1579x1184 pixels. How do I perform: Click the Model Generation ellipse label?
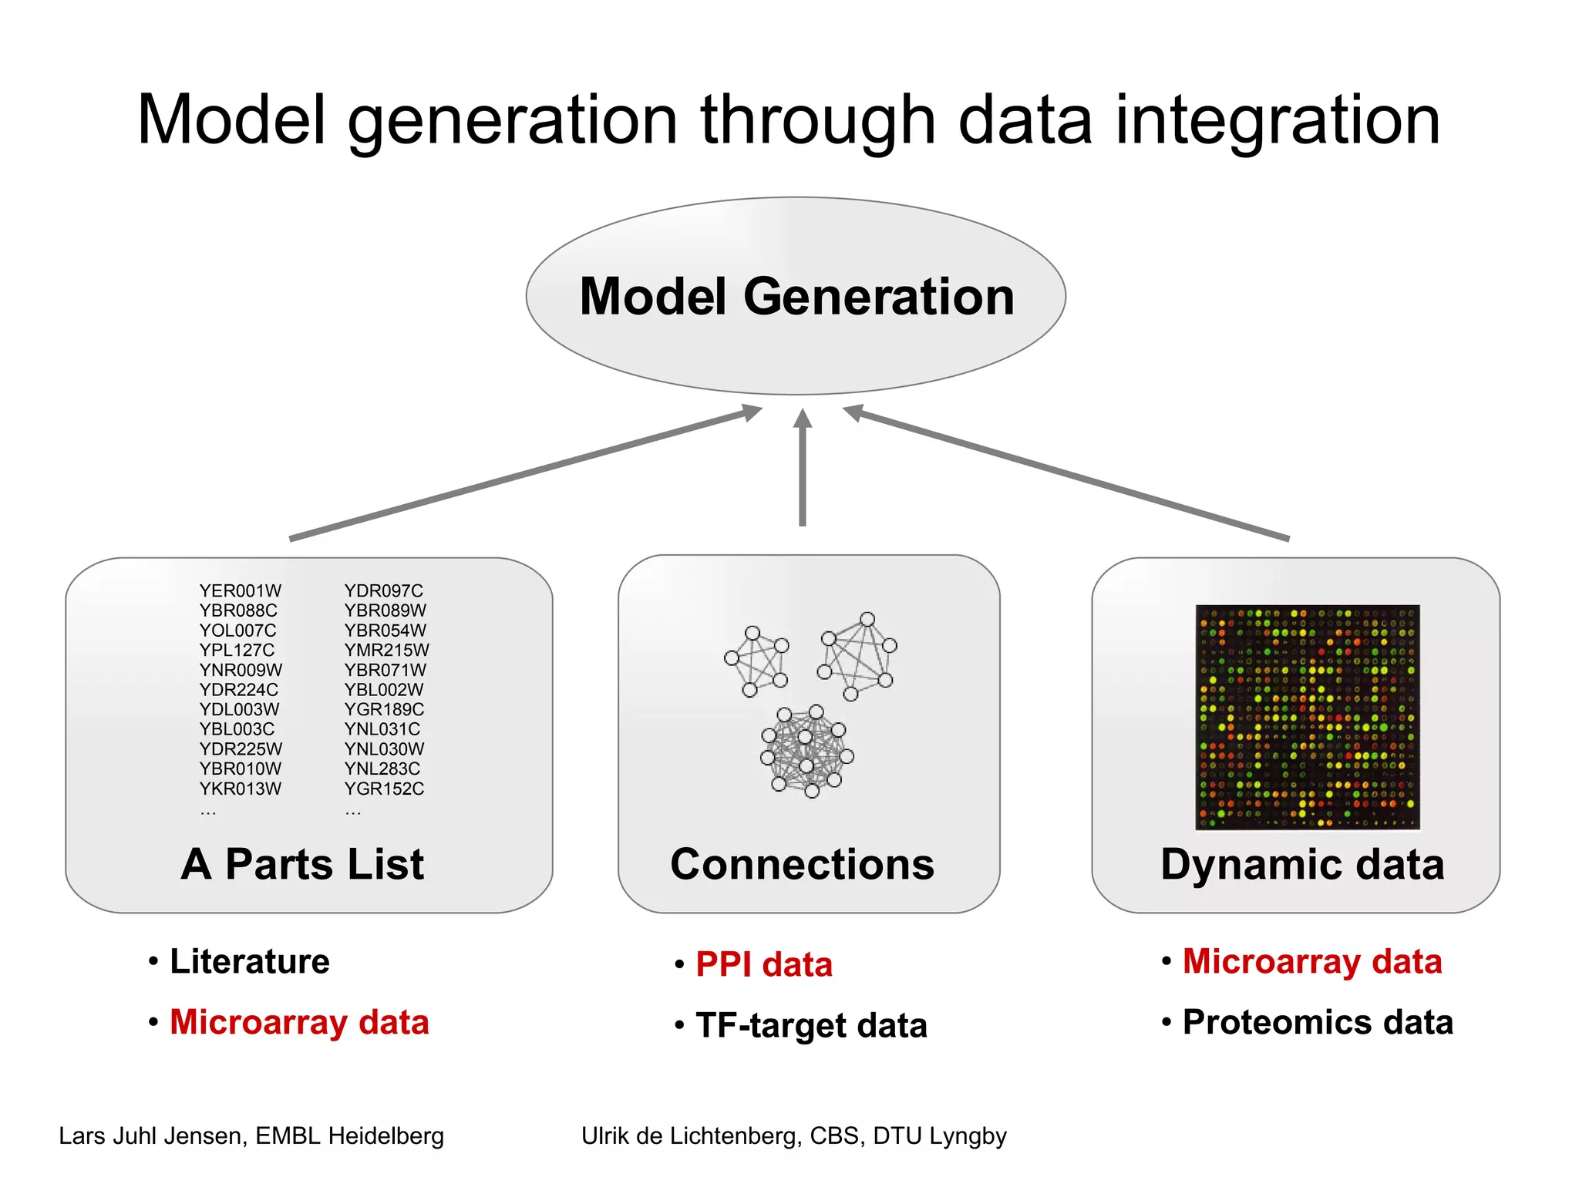[x=796, y=297]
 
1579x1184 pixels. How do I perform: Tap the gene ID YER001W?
[x=240, y=590]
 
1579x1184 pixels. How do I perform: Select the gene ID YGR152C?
[x=384, y=789]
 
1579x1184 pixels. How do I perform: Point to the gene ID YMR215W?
[x=386, y=650]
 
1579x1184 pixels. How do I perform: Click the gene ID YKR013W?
[x=240, y=789]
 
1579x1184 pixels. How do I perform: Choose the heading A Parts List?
[x=302, y=864]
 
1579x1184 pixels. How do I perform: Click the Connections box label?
[x=802, y=864]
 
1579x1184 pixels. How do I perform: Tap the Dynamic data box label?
[x=1302, y=864]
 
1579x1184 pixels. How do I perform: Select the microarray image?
[x=1307, y=717]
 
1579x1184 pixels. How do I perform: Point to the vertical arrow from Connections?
[x=803, y=470]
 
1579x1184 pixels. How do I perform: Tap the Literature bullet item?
[x=249, y=961]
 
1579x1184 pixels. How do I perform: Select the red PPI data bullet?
[x=763, y=964]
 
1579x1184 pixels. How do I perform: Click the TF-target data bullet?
[x=810, y=1026]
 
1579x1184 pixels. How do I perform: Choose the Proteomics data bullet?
[x=1317, y=1022]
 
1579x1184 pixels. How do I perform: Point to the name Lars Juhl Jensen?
[x=151, y=1135]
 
